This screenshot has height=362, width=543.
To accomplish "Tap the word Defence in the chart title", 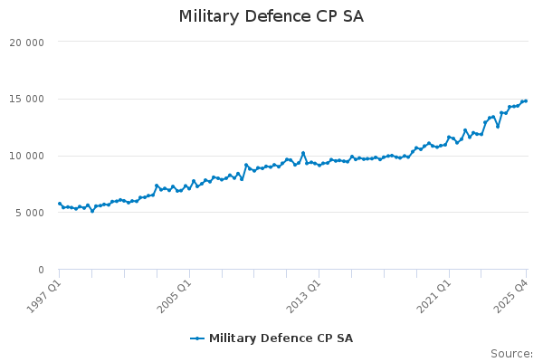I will pos(279,16).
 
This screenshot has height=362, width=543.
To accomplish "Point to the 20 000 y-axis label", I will pos(27,43).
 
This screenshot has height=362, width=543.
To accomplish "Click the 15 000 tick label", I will pos(27,100).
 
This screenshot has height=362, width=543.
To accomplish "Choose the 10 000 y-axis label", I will pos(27,157).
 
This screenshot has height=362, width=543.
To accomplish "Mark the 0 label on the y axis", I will pos(41,271).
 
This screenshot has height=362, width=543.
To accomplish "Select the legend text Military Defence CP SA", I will pos(281,338).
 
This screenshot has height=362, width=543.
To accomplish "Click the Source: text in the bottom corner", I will pos(511,354).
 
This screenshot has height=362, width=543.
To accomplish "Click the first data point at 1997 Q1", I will pos(60,204).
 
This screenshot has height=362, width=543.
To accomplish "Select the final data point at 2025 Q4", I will pos(526,101).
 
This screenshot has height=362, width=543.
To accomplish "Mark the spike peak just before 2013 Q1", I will pos(303,153).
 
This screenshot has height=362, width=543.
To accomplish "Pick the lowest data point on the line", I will pos(92,211).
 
